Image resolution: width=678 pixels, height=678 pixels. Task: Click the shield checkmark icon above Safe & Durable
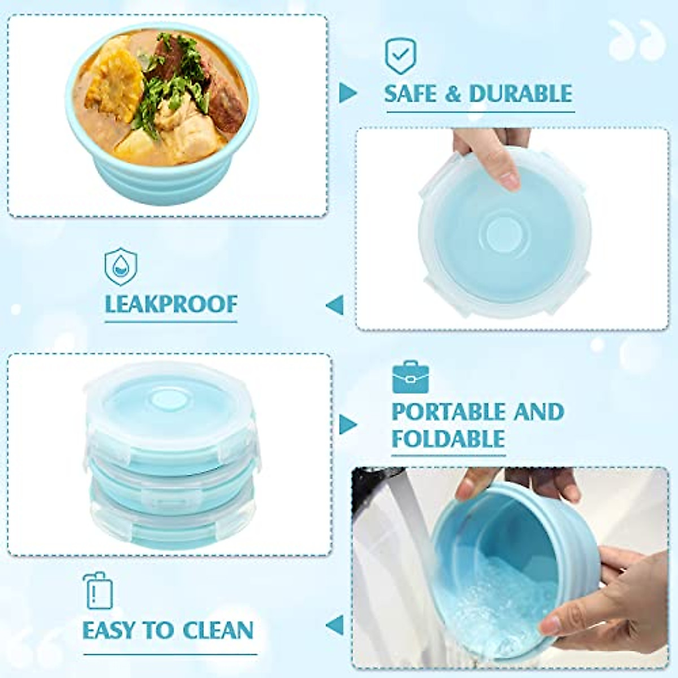coord(401,56)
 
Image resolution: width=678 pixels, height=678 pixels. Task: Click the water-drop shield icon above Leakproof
coord(120,266)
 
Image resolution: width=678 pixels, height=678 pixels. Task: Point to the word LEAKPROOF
coord(171,305)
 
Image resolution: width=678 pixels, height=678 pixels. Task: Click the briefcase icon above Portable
coord(410,377)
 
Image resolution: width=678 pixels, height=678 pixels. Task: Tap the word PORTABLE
coord(448,412)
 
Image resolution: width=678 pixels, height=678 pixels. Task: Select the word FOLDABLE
coord(448,439)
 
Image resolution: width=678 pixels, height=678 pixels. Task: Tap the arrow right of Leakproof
coord(335,305)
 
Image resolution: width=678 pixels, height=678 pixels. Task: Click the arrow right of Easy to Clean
coord(335,625)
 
